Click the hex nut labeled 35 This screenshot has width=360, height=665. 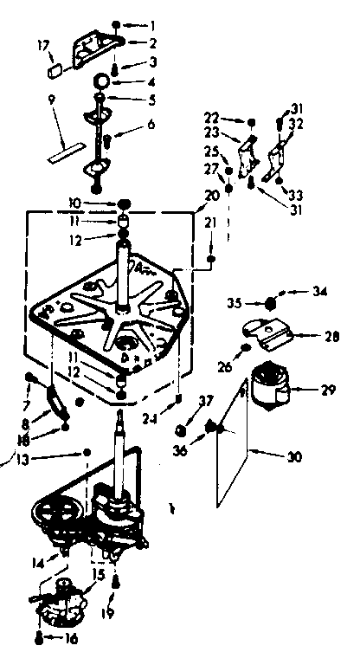(x=271, y=303)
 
